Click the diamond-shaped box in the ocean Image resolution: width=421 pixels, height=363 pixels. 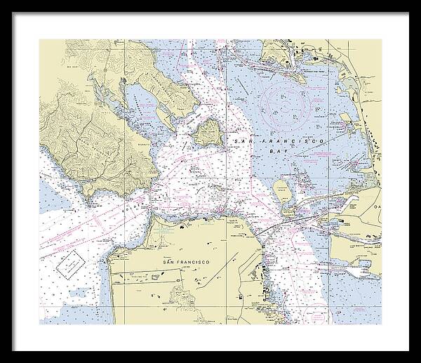(70, 265)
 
